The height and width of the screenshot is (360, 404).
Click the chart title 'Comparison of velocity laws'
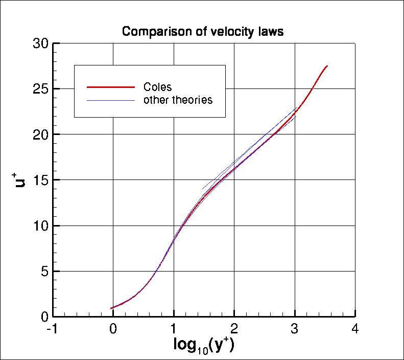point(202,32)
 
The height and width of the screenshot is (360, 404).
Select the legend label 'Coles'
point(158,87)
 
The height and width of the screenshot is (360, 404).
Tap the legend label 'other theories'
point(178,100)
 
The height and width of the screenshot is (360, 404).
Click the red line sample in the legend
point(111,87)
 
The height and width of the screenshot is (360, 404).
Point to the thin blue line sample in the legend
point(111,100)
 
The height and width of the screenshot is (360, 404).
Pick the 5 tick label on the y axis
point(43,271)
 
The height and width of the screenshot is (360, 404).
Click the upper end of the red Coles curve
point(327,66)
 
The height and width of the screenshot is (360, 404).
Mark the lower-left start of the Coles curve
point(111,308)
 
